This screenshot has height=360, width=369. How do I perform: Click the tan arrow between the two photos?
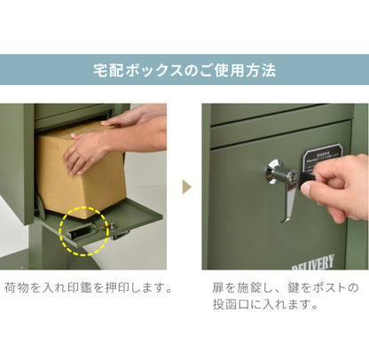[185, 187]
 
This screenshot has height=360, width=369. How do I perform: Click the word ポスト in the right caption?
[334, 288]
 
